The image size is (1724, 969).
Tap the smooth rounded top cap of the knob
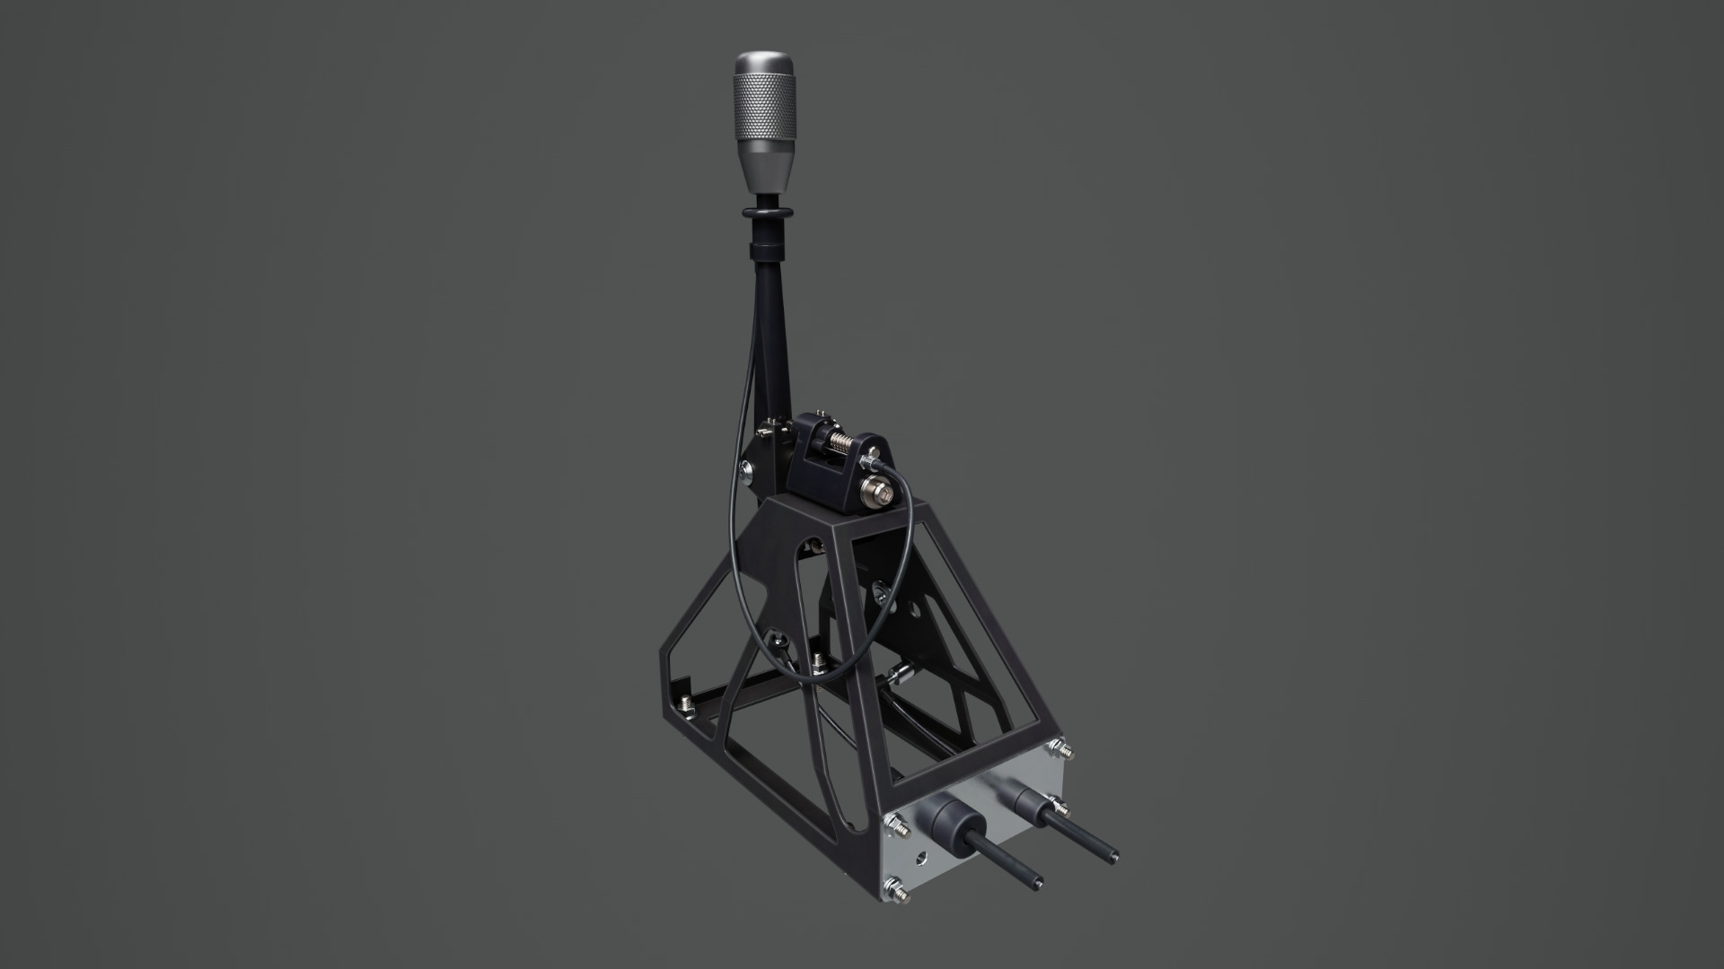pyautogui.click(x=763, y=63)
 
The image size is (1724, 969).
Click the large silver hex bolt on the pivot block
pyautogui.click(x=876, y=491)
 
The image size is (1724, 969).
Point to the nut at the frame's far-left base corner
pyautogui.click(x=687, y=703)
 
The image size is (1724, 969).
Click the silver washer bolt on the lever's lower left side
pyautogui.click(x=747, y=467)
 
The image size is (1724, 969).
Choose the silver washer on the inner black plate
pyautogui.click(x=881, y=589)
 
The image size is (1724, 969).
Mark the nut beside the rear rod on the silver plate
pyautogui.click(x=1062, y=812)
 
